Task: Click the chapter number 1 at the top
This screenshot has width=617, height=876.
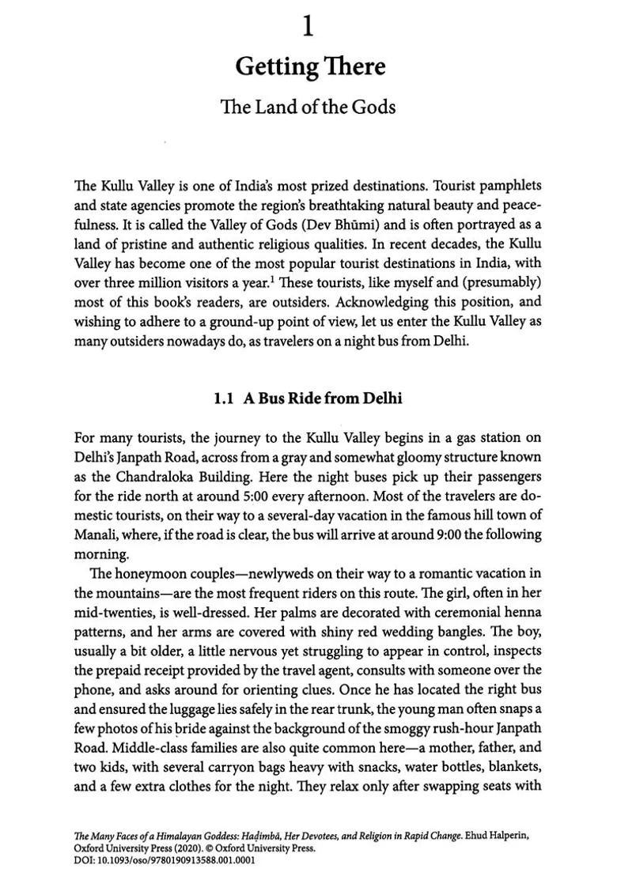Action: tap(308, 28)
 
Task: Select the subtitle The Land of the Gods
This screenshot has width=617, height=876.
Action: tap(308, 107)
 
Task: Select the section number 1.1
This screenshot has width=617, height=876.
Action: tap(224, 398)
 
